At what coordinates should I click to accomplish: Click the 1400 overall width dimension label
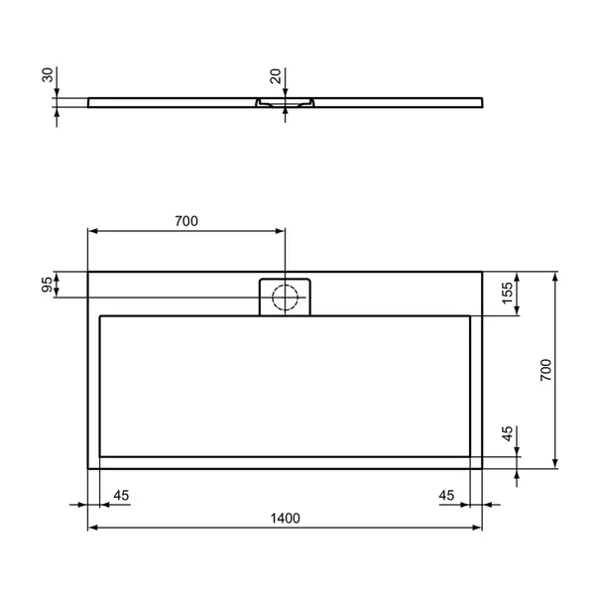[286, 518]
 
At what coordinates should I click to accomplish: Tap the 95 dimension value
[47, 285]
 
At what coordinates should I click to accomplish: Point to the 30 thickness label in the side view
[47, 77]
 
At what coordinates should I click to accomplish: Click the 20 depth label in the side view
[276, 77]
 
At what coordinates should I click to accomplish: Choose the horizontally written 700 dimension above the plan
[186, 221]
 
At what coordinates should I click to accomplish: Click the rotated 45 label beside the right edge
[507, 434]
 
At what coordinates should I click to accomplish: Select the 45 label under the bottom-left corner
[122, 495]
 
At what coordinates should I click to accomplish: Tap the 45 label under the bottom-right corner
[447, 495]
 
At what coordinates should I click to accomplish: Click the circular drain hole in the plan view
[286, 296]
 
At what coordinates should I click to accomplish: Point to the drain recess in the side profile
[286, 102]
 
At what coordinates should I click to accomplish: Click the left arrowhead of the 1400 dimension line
[93, 528]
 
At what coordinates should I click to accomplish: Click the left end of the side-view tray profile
[89, 101]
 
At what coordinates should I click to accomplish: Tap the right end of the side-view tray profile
[482, 101]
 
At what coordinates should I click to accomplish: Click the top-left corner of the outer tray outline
[88, 272]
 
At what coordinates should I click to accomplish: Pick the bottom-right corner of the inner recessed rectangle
[470, 455]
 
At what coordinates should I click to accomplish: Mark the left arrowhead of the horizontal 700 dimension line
[93, 231]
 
